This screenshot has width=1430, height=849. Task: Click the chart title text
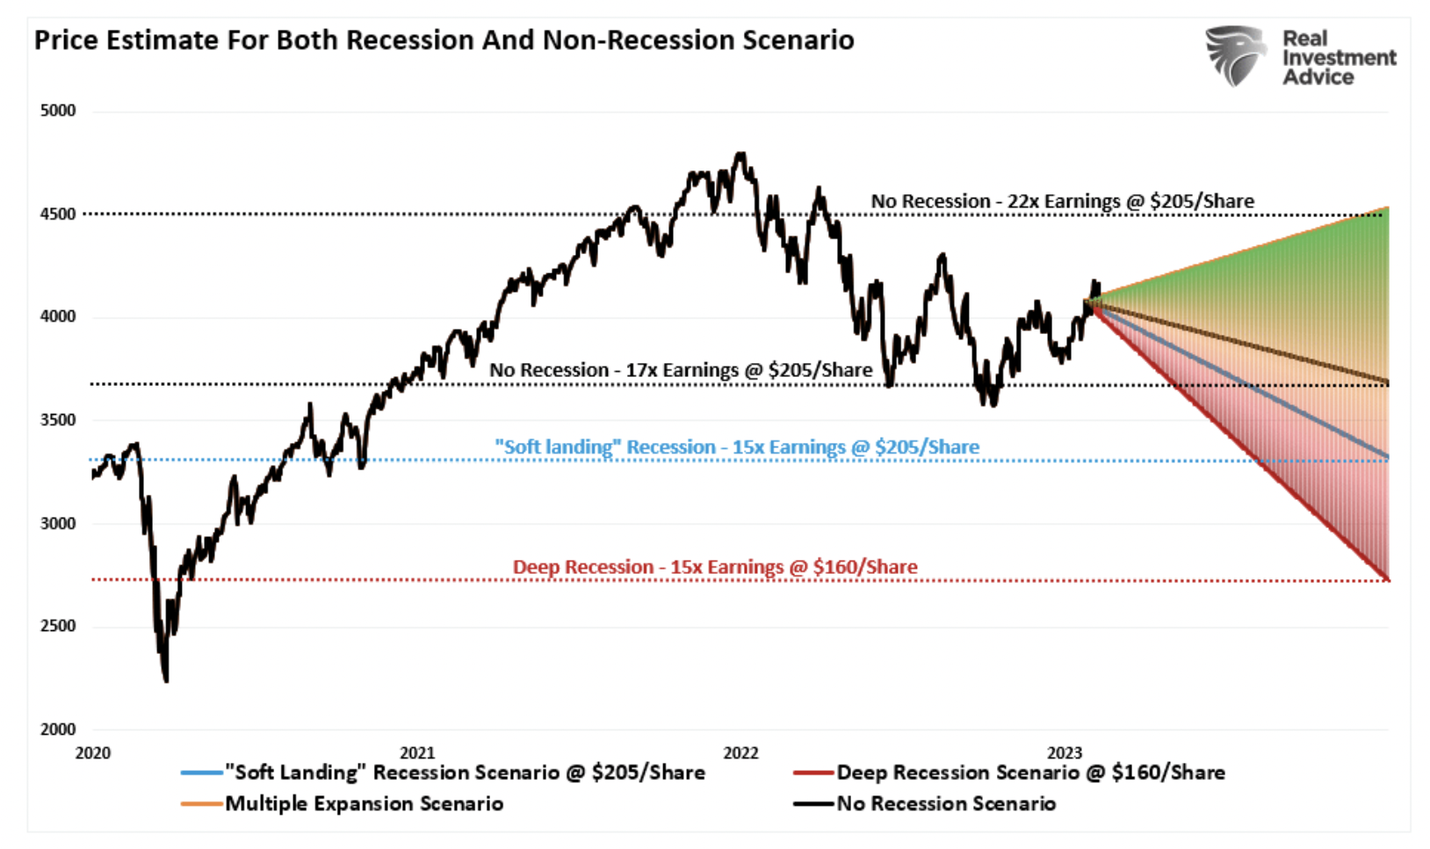click(444, 40)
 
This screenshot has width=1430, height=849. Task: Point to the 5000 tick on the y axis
click(58, 111)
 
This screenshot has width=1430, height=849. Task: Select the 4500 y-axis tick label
click(58, 214)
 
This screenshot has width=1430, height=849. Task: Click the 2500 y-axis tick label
click(58, 627)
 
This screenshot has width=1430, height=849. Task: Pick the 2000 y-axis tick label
click(58, 729)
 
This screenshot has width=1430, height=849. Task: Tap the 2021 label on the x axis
click(417, 753)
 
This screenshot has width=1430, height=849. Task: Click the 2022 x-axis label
click(740, 753)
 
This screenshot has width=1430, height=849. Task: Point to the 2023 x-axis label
click(1065, 753)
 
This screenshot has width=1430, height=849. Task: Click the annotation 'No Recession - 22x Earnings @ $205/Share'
click(1062, 201)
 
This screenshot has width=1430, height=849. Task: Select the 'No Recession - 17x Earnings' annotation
click(681, 370)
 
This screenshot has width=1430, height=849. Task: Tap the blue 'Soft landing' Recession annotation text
click(736, 447)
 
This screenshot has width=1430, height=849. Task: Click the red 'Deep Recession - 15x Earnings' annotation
click(715, 567)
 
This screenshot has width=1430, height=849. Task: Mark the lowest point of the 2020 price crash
click(166, 679)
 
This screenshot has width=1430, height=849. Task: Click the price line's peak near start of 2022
click(742, 155)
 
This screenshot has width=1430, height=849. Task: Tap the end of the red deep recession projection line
click(1387, 579)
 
